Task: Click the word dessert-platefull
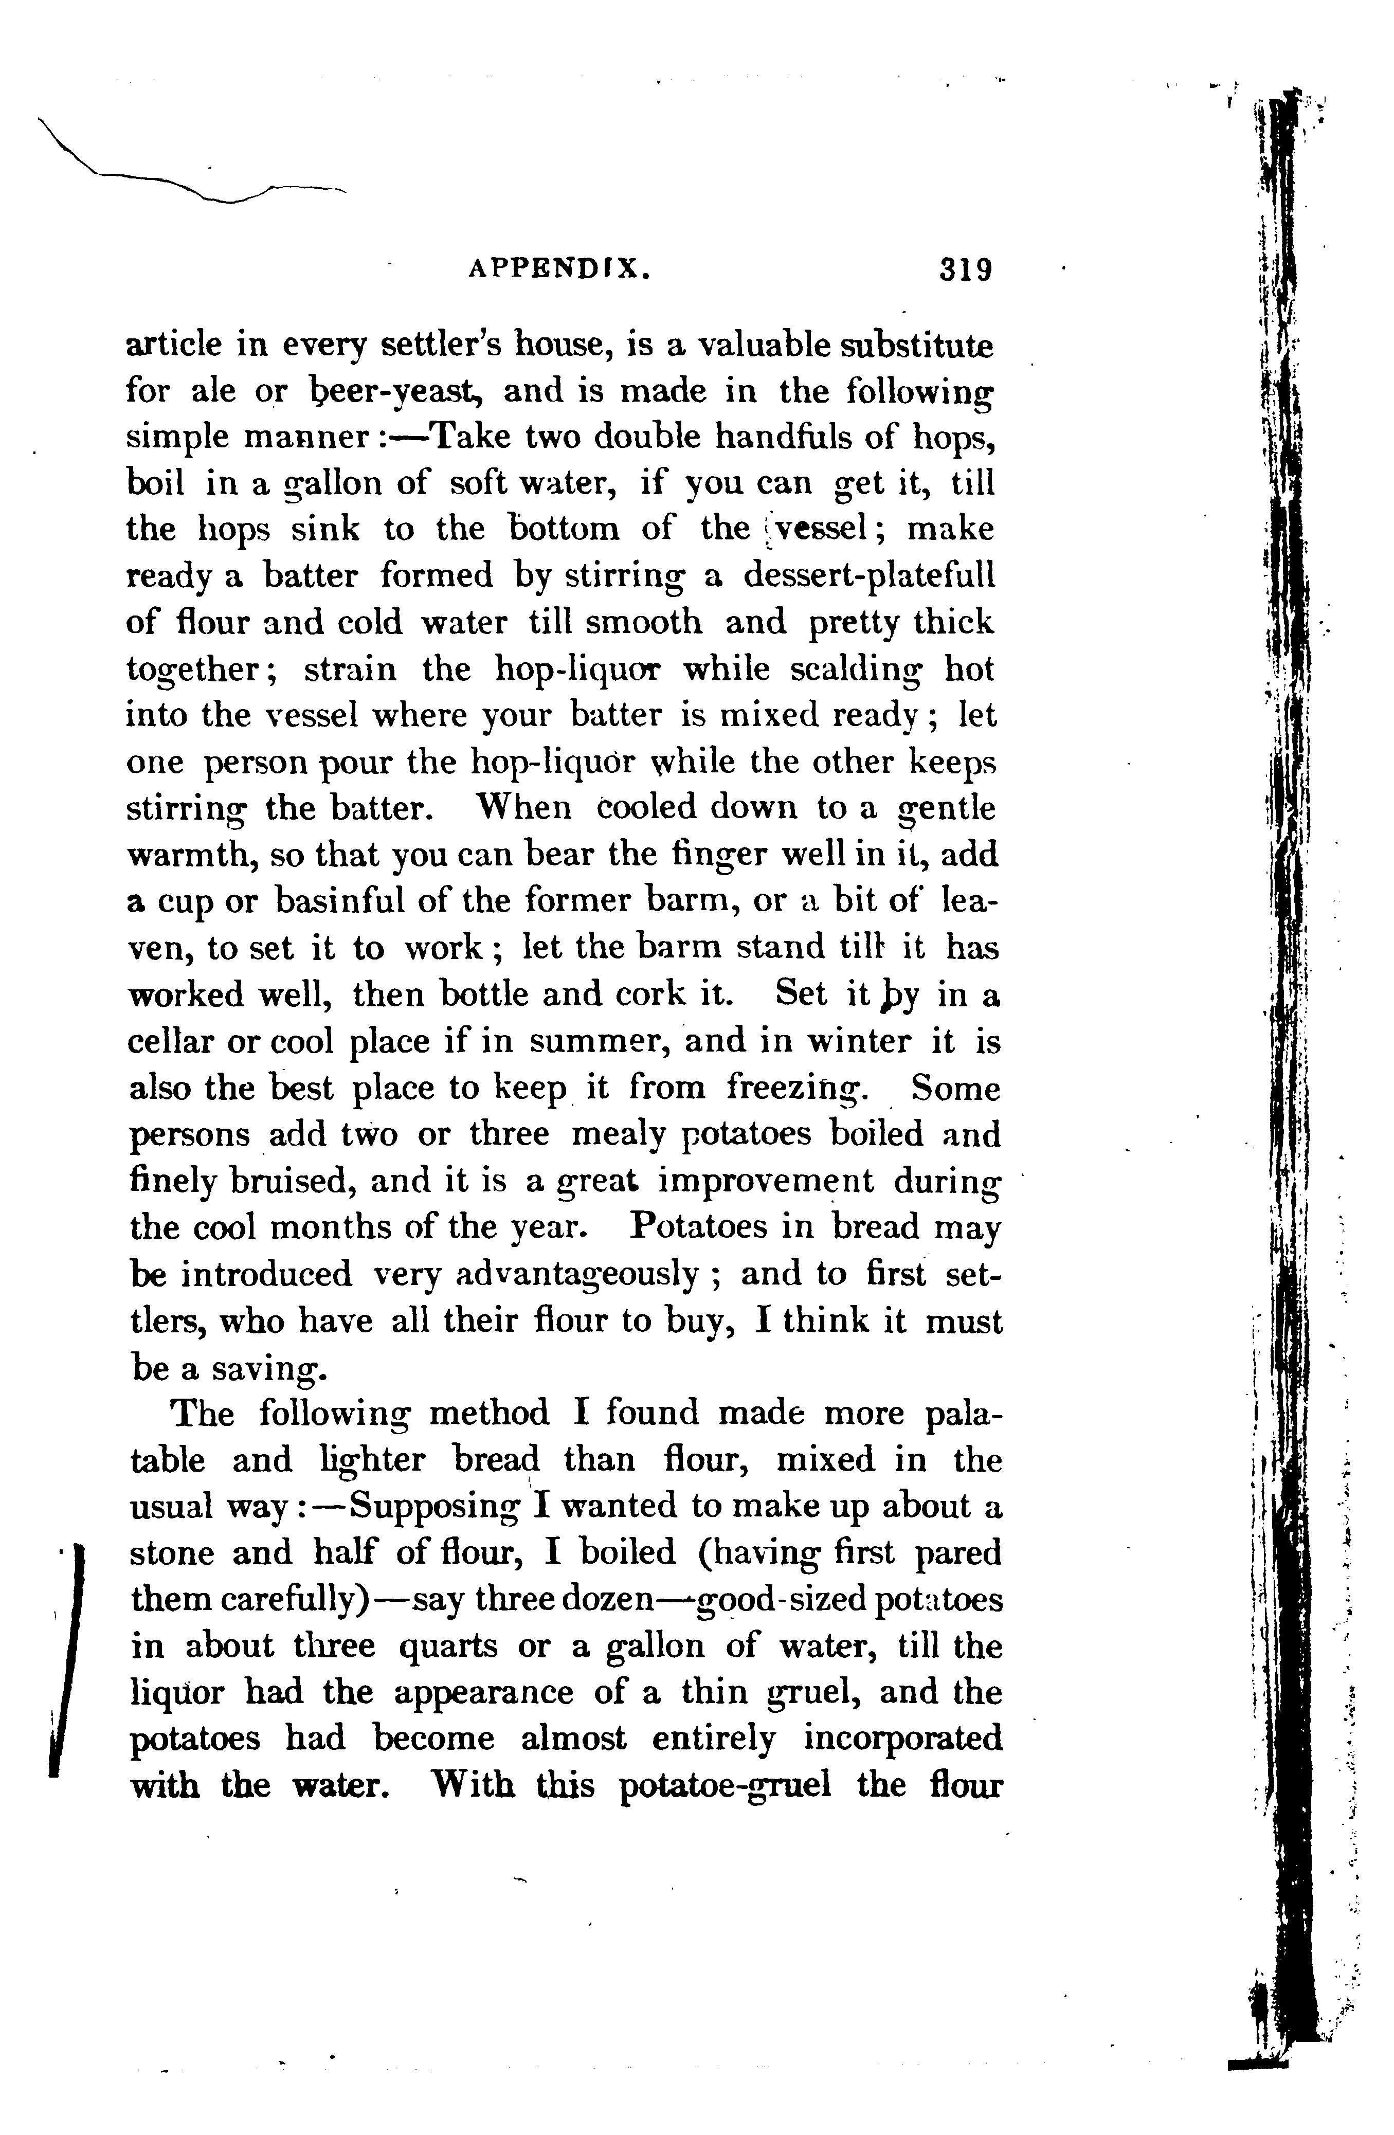869,575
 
